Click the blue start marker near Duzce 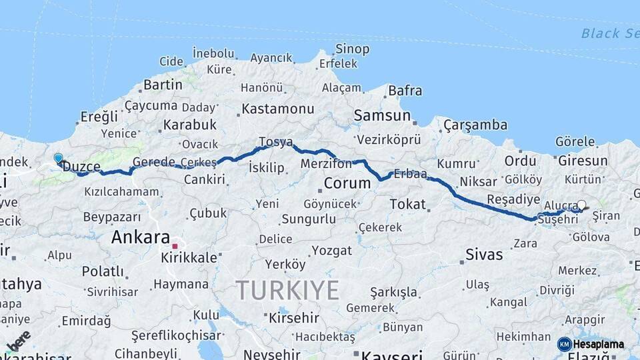tap(58, 158)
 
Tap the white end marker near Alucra tap(581, 205)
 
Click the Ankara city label tap(140, 237)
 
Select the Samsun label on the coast tap(382, 115)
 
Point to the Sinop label tap(352, 49)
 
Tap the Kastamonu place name tap(278, 108)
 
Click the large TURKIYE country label tap(287, 291)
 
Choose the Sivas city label tap(484, 254)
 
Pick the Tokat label tap(407, 204)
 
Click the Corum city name tap(347, 183)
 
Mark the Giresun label tap(583, 161)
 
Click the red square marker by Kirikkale tap(175, 246)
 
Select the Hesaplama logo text tap(599, 345)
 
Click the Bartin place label tap(163, 85)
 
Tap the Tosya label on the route tap(276, 142)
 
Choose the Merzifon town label tap(326, 164)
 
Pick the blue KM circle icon tap(564, 344)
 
